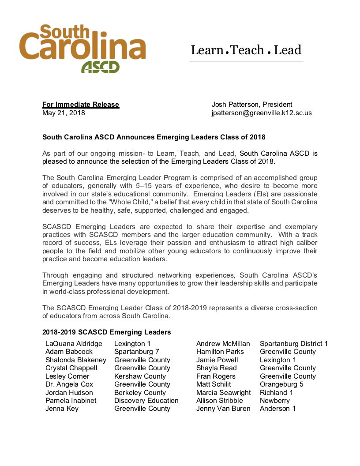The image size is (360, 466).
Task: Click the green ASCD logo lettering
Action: click(x=100, y=67)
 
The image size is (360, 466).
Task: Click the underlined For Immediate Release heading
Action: click(x=81, y=105)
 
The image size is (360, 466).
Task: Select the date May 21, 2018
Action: click(x=64, y=113)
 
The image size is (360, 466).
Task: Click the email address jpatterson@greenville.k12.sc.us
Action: click(x=262, y=113)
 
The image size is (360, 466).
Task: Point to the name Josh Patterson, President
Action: click(x=252, y=105)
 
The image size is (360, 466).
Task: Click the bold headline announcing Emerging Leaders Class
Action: click(x=154, y=137)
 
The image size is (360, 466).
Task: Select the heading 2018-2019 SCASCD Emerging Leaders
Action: click(x=107, y=332)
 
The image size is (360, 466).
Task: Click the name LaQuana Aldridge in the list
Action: click(x=74, y=344)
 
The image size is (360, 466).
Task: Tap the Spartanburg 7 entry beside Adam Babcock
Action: click(x=137, y=352)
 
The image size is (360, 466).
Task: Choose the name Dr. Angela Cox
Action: click(x=70, y=384)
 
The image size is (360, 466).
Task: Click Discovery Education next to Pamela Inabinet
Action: click(x=146, y=401)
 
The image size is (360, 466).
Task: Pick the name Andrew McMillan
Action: click(x=223, y=344)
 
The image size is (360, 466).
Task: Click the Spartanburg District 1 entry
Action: click(x=294, y=344)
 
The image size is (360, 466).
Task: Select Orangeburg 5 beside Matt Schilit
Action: click(x=281, y=384)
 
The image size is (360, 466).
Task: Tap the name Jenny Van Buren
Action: click(x=223, y=409)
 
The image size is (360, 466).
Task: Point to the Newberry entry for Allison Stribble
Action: click(x=275, y=401)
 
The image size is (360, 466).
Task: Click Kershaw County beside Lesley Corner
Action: click(x=140, y=376)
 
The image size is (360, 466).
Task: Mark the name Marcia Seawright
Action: click(x=224, y=393)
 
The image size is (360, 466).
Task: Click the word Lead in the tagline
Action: click(x=287, y=50)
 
